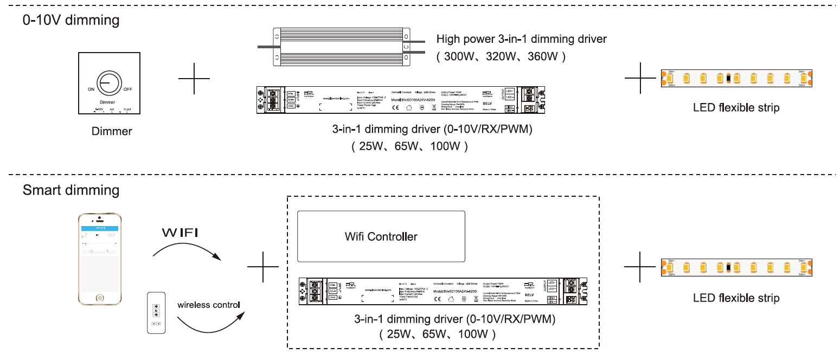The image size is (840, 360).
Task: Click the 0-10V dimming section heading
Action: point(71,21)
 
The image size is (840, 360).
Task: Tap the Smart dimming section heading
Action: point(71,190)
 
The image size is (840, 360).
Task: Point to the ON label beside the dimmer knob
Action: point(91,89)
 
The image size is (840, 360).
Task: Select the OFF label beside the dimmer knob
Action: point(128,89)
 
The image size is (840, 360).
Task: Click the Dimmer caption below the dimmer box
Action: point(112,131)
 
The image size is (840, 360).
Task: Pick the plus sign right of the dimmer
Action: point(194,79)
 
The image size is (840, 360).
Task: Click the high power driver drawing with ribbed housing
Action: point(340,48)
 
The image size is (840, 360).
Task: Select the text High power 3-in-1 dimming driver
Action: point(522,39)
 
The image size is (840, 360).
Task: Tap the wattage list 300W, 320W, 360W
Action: point(502,56)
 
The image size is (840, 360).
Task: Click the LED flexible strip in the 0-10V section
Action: point(736,79)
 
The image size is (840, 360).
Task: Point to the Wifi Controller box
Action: point(381,236)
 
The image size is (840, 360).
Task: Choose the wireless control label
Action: point(209,305)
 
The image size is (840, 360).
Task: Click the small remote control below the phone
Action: point(157,313)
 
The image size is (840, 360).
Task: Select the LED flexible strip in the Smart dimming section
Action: point(736,267)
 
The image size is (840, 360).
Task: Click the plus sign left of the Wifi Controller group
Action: point(263,267)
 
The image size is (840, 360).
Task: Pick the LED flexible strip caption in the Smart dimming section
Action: point(736,298)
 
